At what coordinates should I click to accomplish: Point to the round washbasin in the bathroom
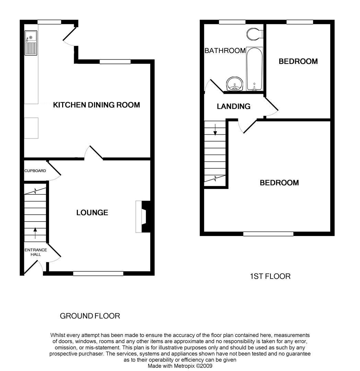235,83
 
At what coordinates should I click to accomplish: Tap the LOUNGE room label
92,213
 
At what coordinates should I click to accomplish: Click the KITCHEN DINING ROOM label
96,105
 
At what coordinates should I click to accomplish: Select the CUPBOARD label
35,171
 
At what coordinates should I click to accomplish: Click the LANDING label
233,106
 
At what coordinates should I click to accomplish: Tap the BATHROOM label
225,51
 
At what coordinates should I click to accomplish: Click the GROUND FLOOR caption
90,316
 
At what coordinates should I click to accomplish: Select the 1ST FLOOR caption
270,276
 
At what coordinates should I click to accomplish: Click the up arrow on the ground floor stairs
35,233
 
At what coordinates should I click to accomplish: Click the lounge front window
98,273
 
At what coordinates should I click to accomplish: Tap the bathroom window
232,22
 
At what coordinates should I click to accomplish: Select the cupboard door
54,169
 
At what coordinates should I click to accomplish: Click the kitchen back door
69,36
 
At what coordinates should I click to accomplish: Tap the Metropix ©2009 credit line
180,366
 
